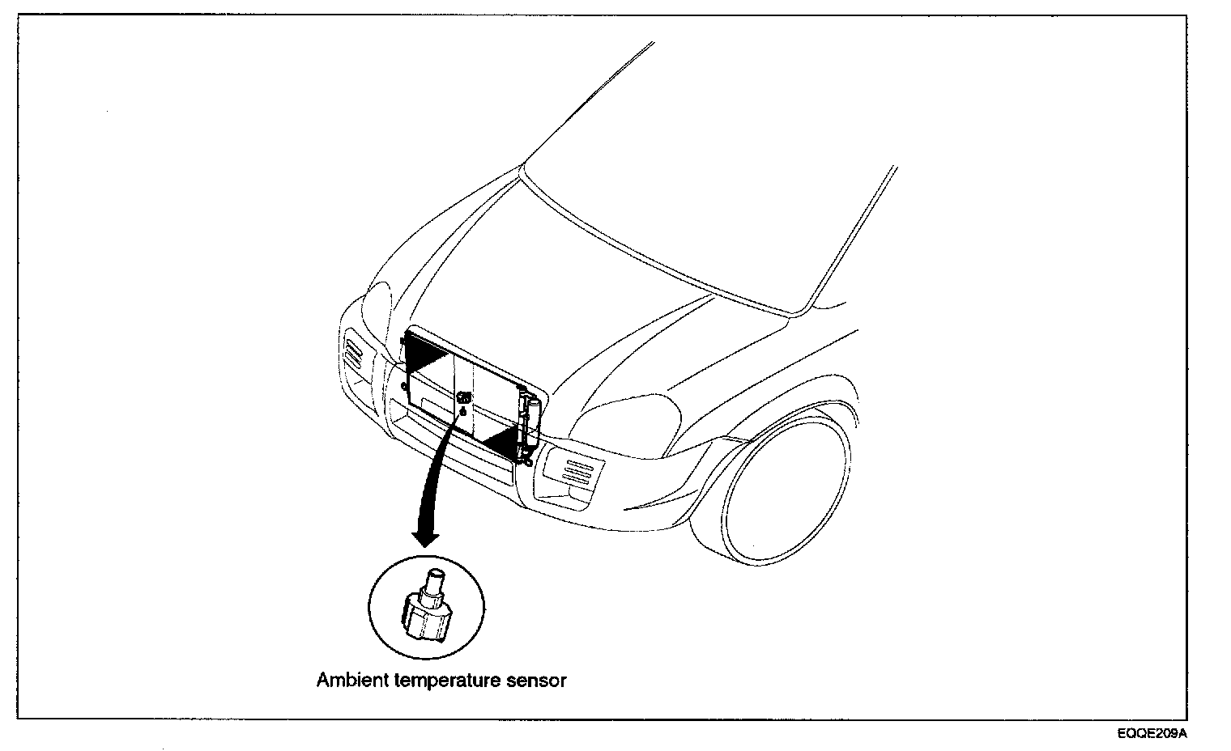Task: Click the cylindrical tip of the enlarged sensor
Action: [435, 580]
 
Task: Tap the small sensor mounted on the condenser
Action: [465, 398]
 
